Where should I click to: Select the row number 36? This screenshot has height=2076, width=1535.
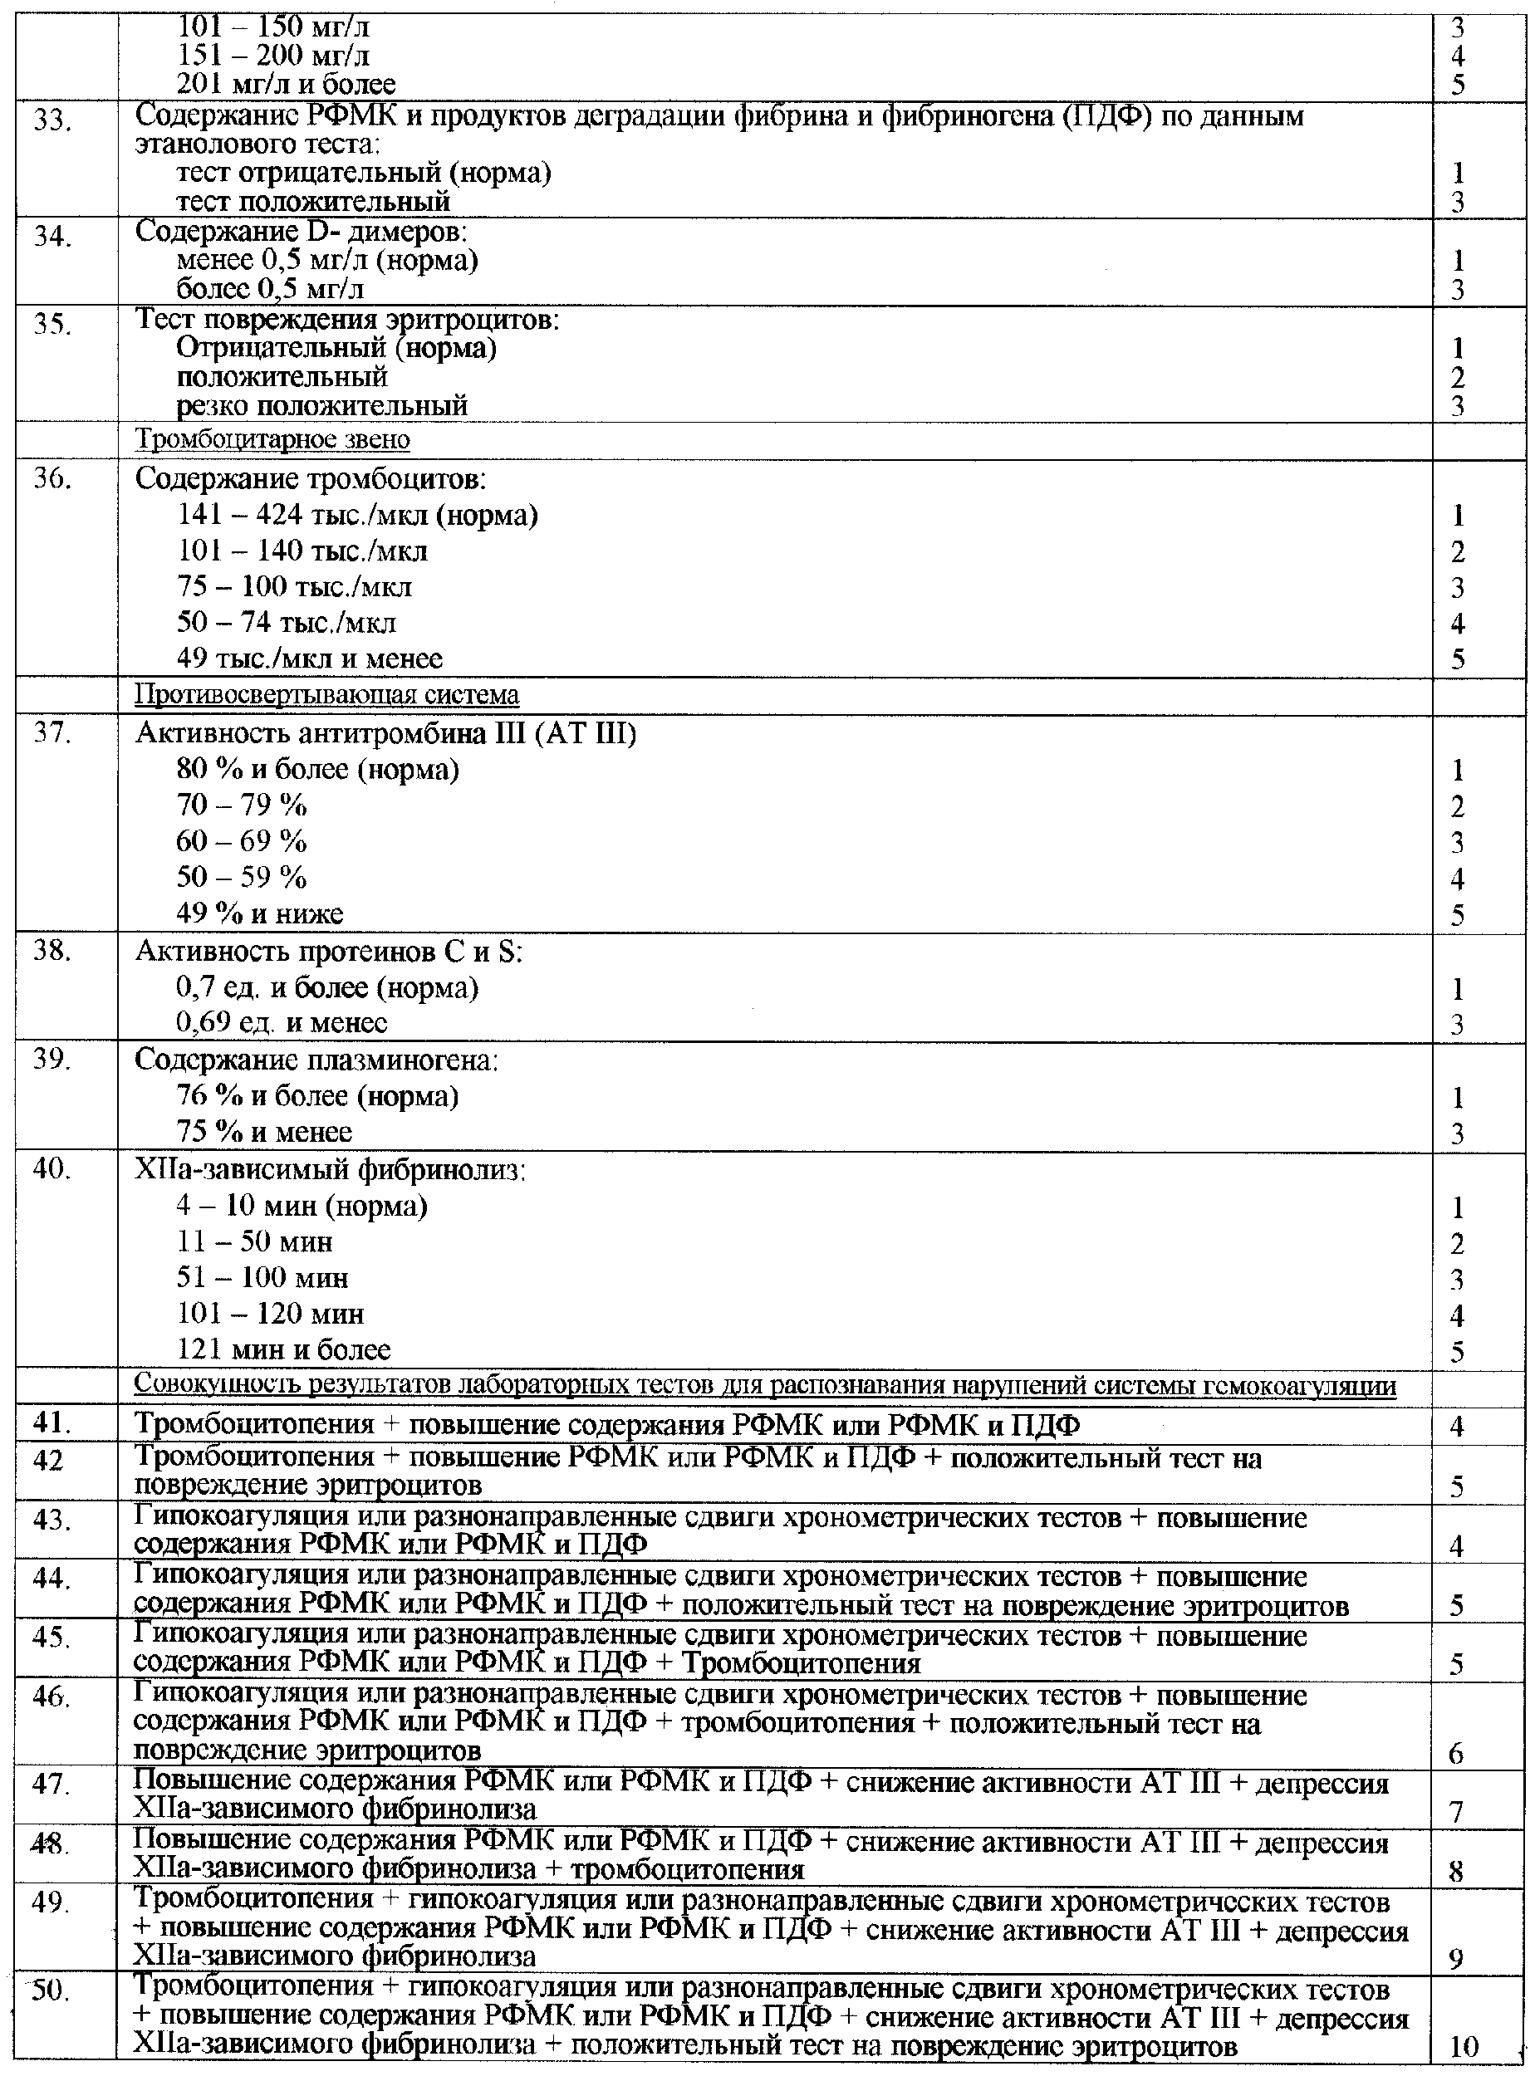coord(52,481)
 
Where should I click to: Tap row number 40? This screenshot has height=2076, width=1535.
coord(52,1168)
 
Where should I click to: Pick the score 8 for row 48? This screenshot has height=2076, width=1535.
coord(1456,1871)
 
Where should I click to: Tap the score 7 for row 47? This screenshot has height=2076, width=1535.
coord(1456,1811)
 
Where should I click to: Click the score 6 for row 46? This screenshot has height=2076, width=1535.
coord(1456,1753)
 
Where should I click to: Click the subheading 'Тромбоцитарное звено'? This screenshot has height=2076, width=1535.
coord(273,439)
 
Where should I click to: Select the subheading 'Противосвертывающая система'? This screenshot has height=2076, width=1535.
coord(327,695)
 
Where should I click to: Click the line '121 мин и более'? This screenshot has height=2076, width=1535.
coord(283,1349)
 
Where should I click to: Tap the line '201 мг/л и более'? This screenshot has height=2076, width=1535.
coord(287,85)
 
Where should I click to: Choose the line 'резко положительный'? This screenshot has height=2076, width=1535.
coord(321,406)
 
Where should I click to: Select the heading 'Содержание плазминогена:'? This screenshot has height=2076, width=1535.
coord(316,1060)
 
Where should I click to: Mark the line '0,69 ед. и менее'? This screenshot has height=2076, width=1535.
coord(282,1023)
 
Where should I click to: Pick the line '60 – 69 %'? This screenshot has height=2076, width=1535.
coord(242,841)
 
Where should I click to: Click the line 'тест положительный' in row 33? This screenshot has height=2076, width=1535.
coord(313,201)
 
